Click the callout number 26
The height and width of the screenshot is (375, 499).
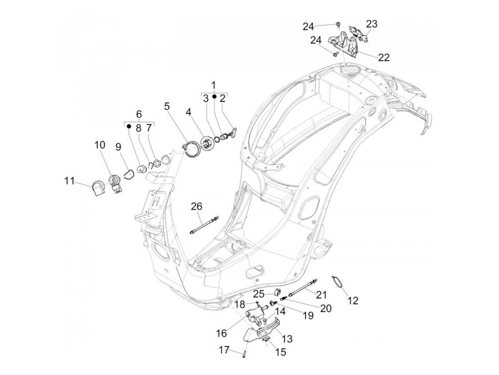point(196,206)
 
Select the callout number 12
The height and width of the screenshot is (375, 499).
point(353,300)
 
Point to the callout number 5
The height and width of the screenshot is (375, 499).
point(168,106)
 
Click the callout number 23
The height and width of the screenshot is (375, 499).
point(371,24)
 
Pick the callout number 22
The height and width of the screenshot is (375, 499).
point(384,57)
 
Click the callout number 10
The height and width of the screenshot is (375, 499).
point(100,145)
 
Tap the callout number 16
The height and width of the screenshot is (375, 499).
point(221,333)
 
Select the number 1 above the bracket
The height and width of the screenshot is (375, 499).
point(214,85)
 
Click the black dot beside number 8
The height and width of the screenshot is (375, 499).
point(129,126)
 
